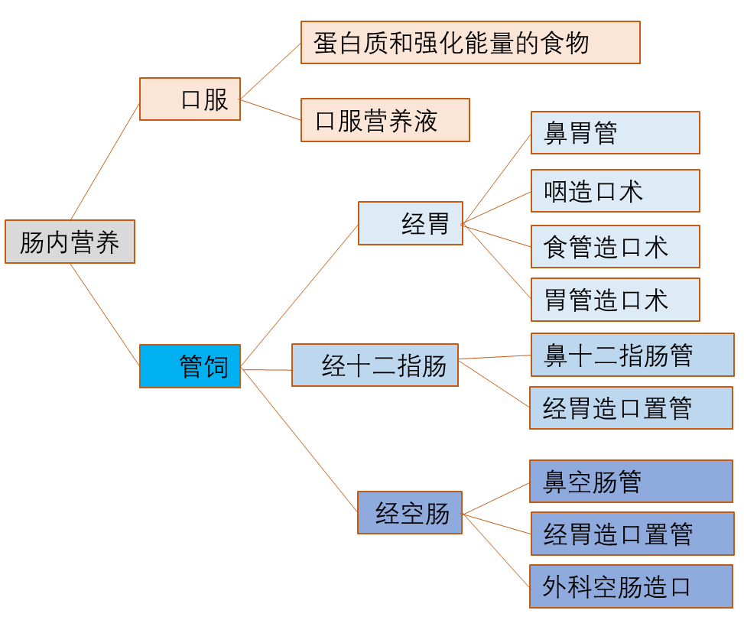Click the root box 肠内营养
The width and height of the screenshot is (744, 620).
(70, 242)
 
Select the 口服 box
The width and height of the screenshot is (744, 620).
(190, 99)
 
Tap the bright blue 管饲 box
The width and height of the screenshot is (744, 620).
(190, 366)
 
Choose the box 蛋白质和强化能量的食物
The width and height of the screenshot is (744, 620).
(470, 43)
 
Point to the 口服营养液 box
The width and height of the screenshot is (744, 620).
(385, 120)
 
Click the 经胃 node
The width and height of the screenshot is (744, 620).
(411, 223)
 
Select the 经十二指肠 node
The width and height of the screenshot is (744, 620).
(375, 365)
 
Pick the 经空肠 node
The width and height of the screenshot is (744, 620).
(410, 512)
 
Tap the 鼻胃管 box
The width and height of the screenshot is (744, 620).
(615, 133)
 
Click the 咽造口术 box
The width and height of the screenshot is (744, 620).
(615, 191)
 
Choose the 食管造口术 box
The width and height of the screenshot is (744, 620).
(615, 247)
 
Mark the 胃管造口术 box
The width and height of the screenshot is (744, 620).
(615, 300)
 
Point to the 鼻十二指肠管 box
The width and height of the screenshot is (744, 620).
(632, 355)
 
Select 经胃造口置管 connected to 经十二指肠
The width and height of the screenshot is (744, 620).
(631, 407)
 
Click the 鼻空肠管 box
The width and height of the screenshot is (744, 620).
(631, 482)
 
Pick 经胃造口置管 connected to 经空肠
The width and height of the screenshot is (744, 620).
(632, 534)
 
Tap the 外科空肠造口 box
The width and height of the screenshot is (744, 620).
(631, 586)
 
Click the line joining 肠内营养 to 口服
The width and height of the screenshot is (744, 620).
(105, 161)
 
